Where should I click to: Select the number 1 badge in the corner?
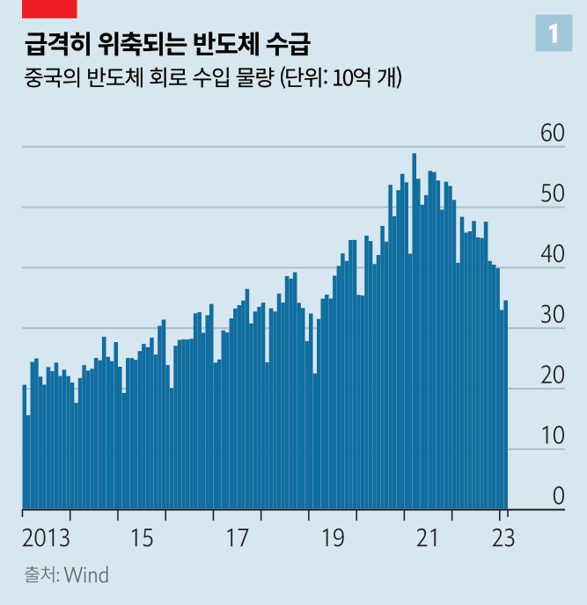(x=554, y=33)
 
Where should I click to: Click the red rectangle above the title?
(x=49, y=9)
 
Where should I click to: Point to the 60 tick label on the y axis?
(x=552, y=135)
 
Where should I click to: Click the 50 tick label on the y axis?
(x=552, y=195)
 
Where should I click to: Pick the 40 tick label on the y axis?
(x=552, y=256)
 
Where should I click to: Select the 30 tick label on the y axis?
(x=552, y=316)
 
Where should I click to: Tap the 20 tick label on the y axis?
(x=552, y=376)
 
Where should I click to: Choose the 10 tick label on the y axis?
(x=552, y=437)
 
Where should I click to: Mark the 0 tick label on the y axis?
(x=558, y=497)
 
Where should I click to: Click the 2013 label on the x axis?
(x=47, y=537)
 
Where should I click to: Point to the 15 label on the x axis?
(x=142, y=537)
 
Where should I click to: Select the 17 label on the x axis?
(x=238, y=537)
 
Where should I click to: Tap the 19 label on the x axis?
(x=333, y=537)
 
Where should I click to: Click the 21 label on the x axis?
(x=428, y=537)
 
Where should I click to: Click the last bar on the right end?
(x=506, y=405)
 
